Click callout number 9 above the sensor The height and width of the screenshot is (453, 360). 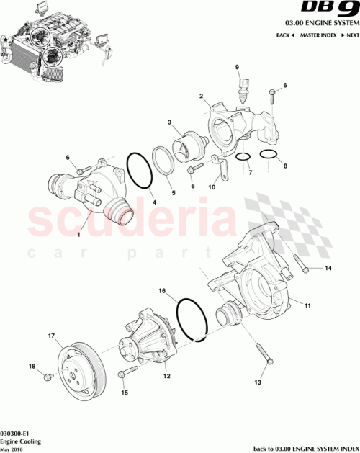coord(236,67)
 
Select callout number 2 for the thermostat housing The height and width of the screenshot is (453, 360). coord(201,96)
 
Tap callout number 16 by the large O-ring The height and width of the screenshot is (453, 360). coord(163,292)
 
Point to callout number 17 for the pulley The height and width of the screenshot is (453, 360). coord(51,336)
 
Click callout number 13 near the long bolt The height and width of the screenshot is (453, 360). coord(258,383)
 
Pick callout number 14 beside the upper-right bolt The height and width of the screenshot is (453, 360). coord(328,269)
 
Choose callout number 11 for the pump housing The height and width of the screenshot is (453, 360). coord(307,306)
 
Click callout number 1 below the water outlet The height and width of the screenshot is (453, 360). coord(80,235)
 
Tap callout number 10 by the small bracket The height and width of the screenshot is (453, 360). coord(212,187)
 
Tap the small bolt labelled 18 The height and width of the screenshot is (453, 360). coord(48,376)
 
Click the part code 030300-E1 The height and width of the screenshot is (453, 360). coord(15,426)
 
